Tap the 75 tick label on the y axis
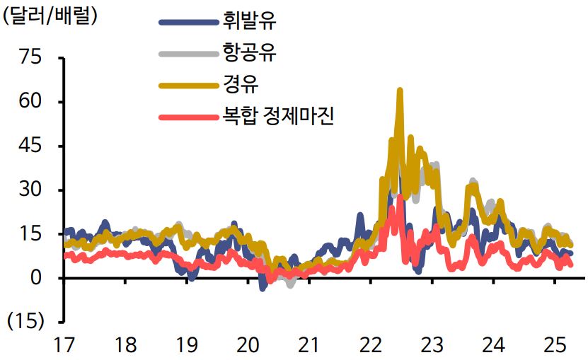click(31, 58)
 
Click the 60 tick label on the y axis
click(31, 102)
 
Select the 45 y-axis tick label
click(31, 146)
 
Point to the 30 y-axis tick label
click(31, 190)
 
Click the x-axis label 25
click(554, 345)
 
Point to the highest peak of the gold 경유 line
click(400, 91)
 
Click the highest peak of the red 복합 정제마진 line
click(400, 197)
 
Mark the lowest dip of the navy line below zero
click(263, 288)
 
